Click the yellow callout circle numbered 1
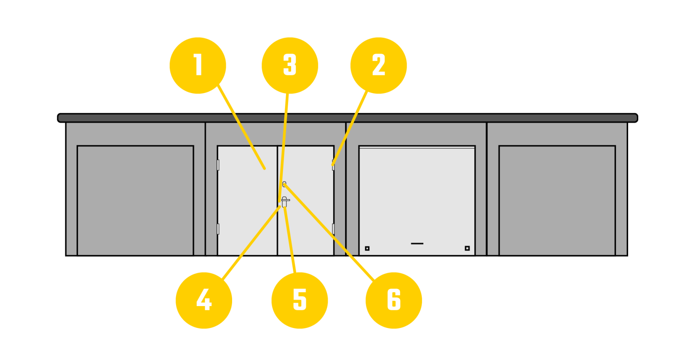(x=198, y=66)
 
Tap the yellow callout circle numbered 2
(x=379, y=66)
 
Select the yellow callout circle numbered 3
(x=290, y=66)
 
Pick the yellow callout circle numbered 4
(x=204, y=301)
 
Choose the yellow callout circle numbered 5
(x=300, y=301)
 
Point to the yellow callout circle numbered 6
(x=393, y=301)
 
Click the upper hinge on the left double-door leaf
(x=218, y=165)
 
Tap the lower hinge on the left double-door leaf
(x=218, y=229)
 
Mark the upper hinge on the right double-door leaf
(x=333, y=165)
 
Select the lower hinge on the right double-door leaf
(x=333, y=229)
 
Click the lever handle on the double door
(x=284, y=202)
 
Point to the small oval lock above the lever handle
(x=284, y=184)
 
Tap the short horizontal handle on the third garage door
(x=417, y=244)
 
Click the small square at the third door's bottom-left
(x=367, y=248)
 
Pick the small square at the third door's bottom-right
(x=467, y=248)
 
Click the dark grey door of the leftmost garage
(x=135, y=201)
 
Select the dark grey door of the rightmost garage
(x=557, y=201)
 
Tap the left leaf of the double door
(x=247, y=201)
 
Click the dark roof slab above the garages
(x=348, y=118)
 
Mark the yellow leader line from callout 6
(x=329, y=232)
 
